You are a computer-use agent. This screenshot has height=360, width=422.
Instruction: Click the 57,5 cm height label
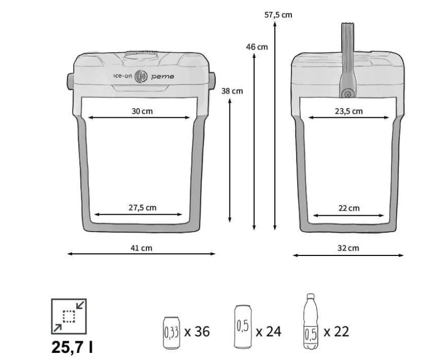click(x=278, y=15)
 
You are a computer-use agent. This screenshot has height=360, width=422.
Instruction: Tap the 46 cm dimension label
click(x=257, y=47)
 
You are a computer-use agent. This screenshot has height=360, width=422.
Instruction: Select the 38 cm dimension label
click(x=232, y=91)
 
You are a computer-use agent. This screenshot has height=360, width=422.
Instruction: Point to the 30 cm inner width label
click(x=142, y=111)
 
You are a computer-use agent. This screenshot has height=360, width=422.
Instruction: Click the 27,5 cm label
click(x=142, y=208)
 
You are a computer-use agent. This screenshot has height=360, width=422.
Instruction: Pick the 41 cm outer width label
click(x=141, y=248)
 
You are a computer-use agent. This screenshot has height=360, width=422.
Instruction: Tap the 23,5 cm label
click(x=349, y=111)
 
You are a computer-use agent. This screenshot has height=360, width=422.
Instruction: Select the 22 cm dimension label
click(x=349, y=208)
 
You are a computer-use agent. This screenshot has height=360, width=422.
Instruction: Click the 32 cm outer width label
click(x=348, y=248)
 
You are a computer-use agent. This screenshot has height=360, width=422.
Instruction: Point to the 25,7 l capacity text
click(x=72, y=347)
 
